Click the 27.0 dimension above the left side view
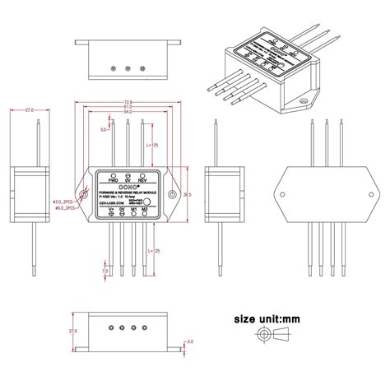(30, 109)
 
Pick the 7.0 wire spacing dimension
(104, 270)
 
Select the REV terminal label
(143, 180)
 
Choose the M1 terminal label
(134, 211)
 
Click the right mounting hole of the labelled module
(171, 195)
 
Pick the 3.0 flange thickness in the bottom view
(189, 341)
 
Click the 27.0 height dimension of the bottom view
(72, 331)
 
